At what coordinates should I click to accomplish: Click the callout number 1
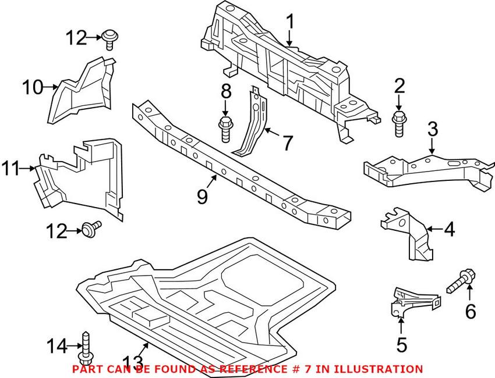click(x=289, y=23)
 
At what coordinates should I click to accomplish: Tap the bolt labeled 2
click(x=399, y=123)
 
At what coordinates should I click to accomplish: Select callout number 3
click(x=432, y=129)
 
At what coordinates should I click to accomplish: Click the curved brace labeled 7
click(x=254, y=125)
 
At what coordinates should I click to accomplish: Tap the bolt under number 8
click(x=226, y=128)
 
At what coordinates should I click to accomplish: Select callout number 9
click(x=202, y=197)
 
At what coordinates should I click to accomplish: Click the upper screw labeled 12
click(x=108, y=38)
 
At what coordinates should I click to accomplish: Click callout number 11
click(x=10, y=169)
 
